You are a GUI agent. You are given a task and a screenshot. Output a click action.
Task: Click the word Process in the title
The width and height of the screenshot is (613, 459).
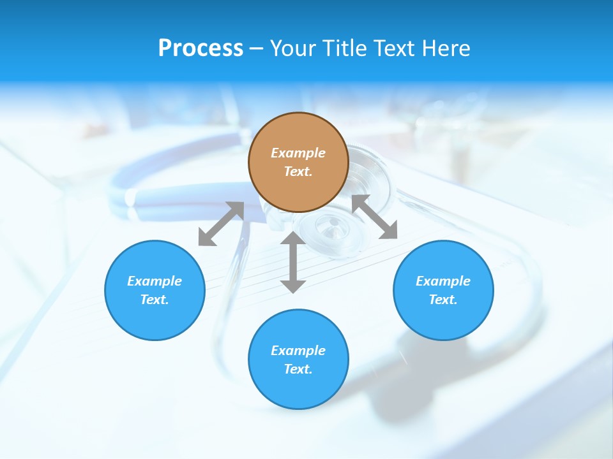pos(201,48)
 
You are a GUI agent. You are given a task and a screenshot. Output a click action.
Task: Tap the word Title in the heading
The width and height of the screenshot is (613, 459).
pos(347,48)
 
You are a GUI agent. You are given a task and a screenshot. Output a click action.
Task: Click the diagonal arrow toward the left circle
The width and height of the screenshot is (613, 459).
pos(221,224)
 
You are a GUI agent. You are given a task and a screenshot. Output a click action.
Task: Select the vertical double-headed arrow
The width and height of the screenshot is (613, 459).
pos(293,262)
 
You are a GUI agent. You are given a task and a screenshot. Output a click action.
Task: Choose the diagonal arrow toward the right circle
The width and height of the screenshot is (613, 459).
pos(375,217)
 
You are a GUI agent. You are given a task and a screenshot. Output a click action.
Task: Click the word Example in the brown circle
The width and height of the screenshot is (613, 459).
pos(298,153)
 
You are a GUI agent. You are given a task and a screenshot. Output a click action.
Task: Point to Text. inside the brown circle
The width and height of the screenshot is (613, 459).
pos(298,171)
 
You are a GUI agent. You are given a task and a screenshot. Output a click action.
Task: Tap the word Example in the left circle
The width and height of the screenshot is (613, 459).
pos(155,281)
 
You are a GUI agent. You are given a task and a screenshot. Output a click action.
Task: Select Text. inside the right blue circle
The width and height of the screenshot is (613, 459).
pos(443,300)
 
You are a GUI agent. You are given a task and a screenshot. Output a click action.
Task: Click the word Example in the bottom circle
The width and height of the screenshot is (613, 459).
pos(298,351)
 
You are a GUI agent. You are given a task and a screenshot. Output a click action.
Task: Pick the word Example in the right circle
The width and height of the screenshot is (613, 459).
pos(443,281)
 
